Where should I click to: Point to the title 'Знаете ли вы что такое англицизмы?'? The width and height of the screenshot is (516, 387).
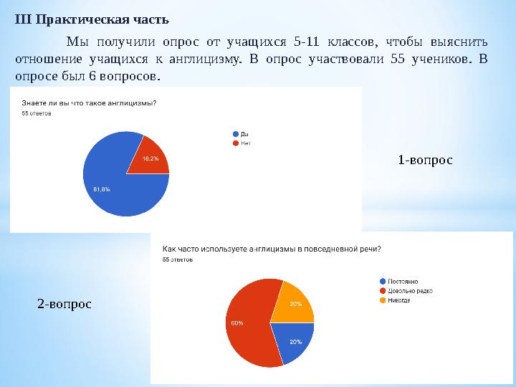coord(90,102)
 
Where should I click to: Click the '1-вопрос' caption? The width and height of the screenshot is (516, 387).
coord(425,159)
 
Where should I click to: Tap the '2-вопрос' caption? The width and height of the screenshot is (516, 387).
coord(64,304)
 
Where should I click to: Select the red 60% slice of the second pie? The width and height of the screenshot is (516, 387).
coord(247,322)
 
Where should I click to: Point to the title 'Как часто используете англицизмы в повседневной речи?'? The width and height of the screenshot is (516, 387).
coord(272,249)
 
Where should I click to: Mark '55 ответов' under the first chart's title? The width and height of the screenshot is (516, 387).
coord(37,113)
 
